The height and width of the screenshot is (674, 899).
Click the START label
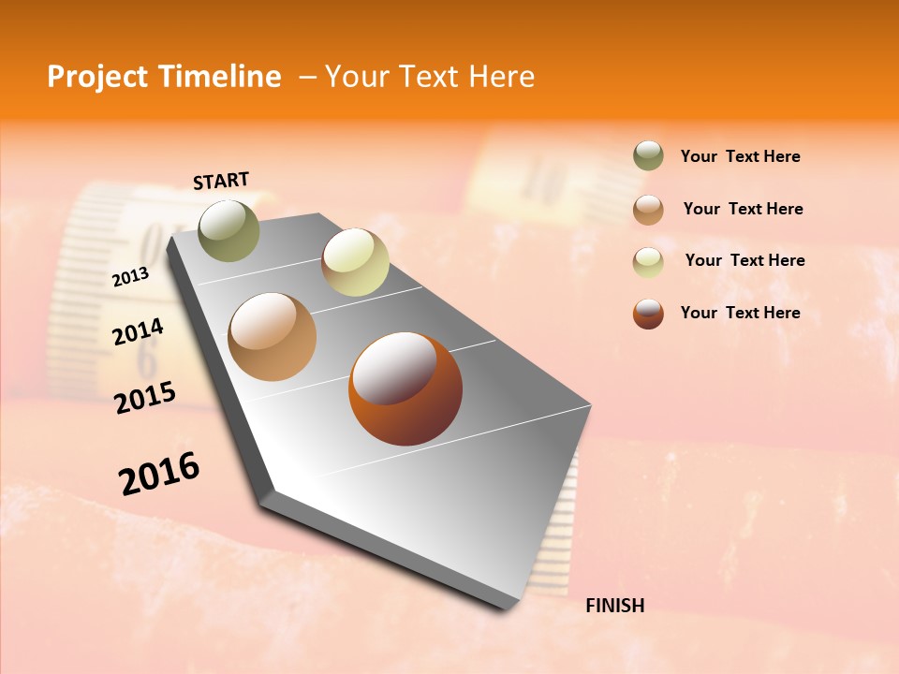(221, 181)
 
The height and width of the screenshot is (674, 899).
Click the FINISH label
(614, 606)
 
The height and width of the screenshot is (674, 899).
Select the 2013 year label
(131, 277)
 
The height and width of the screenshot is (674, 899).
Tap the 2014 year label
(139, 331)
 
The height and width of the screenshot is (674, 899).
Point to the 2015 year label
(145, 398)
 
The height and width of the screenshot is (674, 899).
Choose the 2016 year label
(159, 474)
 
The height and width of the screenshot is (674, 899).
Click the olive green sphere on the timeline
(228, 230)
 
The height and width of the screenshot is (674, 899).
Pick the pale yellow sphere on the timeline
(355, 262)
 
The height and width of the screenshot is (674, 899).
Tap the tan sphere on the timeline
(273, 337)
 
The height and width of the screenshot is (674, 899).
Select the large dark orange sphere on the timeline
(405, 388)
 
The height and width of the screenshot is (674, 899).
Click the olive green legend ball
(648, 156)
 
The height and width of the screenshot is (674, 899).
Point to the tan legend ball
(648, 210)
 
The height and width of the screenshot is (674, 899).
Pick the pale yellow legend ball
(648, 262)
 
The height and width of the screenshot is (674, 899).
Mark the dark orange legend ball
(648, 314)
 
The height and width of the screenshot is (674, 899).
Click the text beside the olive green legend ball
(740, 157)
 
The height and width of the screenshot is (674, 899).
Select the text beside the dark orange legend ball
(740, 313)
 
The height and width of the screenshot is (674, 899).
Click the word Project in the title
(97, 77)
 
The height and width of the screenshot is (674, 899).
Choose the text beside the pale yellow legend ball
(744, 260)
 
